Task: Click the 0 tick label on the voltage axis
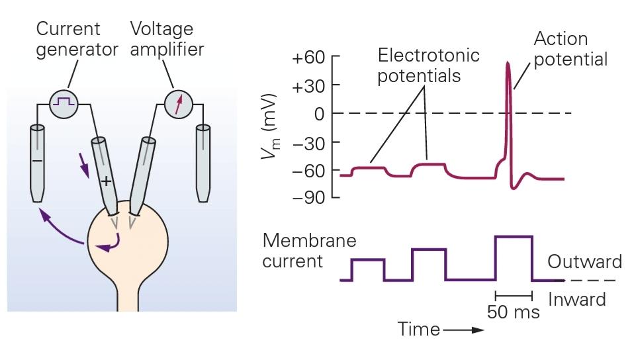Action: tap(319, 114)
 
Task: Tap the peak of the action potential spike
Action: tap(508, 63)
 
